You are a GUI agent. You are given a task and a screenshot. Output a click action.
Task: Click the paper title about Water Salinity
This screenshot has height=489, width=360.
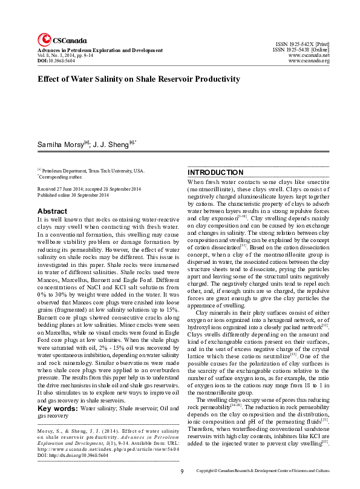[x=139, y=79]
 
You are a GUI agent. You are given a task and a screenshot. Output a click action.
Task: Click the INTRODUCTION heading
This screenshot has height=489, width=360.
[x=215, y=172]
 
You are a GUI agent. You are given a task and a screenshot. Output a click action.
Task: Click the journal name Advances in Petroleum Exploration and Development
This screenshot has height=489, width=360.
[x=100, y=49]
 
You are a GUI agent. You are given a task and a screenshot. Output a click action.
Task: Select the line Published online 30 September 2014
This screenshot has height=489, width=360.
[x=73, y=195]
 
